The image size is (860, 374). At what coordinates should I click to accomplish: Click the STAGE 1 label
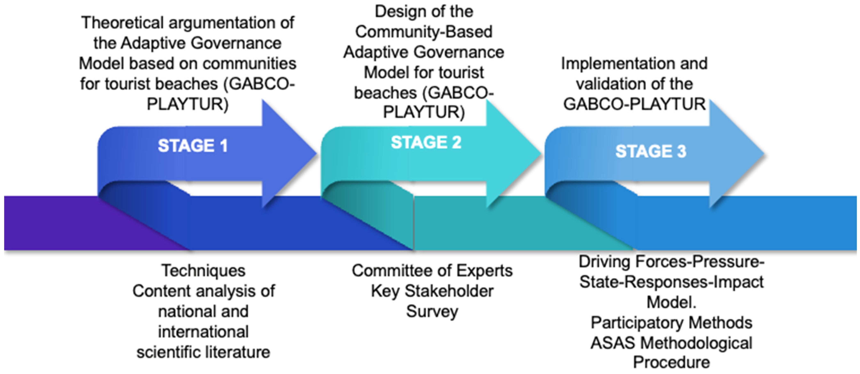pyautogui.click(x=193, y=146)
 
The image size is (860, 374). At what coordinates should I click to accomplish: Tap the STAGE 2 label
pyautogui.click(x=426, y=143)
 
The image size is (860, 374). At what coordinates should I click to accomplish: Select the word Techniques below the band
pyautogui.click(x=203, y=271)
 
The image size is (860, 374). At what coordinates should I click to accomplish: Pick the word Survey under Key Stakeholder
pyautogui.click(x=432, y=312)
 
